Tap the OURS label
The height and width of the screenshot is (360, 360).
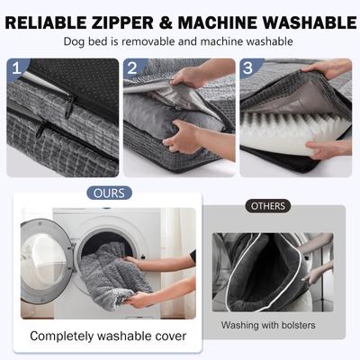pyautogui.click(x=110, y=193)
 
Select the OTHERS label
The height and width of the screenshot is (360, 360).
pyautogui.click(x=267, y=206)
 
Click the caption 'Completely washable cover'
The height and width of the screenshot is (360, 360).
pyautogui.click(x=107, y=336)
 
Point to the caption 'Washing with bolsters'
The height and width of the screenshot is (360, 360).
pyautogui.click(x=267, y=323)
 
